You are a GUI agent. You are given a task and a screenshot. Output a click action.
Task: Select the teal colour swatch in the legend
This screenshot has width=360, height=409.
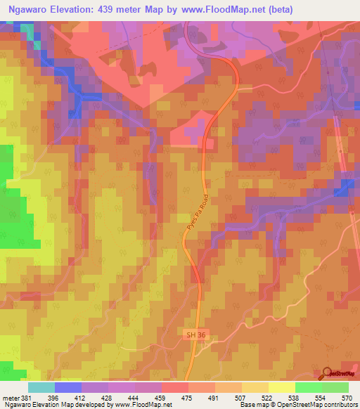click(41, 387)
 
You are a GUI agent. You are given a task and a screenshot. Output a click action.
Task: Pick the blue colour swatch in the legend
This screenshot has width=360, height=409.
click(68, 387)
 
